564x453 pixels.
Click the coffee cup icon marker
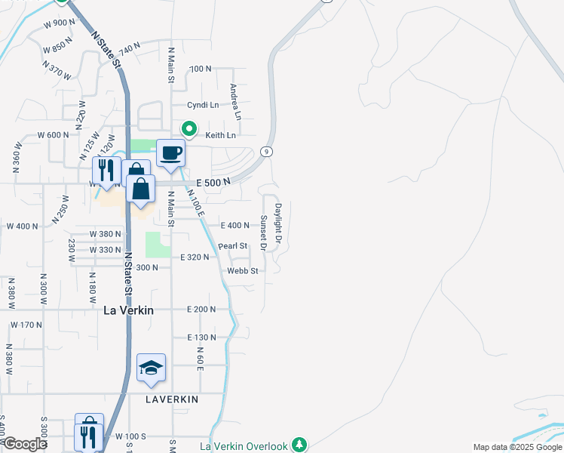170,153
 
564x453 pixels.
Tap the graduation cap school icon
151,368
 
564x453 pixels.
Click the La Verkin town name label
128,310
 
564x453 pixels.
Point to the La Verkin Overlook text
244,446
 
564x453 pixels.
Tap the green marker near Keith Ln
190,129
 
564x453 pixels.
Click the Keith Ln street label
220,135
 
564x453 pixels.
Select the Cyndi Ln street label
203,105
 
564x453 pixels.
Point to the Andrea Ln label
236,102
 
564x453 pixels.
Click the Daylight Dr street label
278,222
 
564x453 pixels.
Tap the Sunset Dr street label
264,233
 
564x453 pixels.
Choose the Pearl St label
232,246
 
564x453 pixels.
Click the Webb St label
244,270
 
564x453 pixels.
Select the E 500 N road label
212,183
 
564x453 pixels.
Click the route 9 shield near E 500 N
267,152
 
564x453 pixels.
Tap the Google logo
25,444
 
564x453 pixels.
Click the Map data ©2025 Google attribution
516,447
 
